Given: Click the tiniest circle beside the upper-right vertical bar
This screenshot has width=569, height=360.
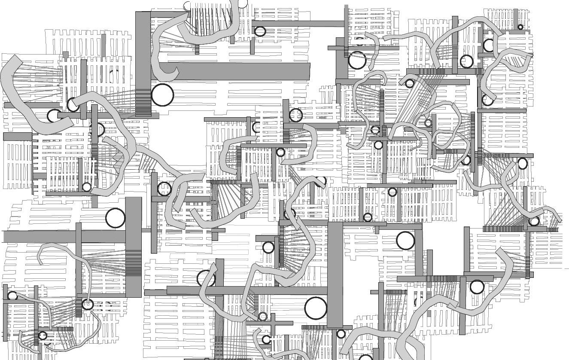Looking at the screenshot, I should (520, 27).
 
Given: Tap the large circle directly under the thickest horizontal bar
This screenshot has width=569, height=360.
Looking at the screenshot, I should (162, 95).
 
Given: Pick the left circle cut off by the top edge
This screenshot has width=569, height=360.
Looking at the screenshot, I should (187, 5).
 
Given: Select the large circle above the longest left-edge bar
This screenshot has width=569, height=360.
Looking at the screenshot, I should (115, 218).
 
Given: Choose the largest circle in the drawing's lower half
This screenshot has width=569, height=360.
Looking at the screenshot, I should (316, 308).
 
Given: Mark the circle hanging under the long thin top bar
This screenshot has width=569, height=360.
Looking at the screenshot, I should (260, 31).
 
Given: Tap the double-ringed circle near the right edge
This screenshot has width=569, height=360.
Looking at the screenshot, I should (534, 222).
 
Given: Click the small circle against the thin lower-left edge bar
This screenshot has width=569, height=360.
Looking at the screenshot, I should (12, 296).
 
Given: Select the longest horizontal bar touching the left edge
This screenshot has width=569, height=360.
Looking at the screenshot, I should (64, 236).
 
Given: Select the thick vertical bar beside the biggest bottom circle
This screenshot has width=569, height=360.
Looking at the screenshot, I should (335, 275).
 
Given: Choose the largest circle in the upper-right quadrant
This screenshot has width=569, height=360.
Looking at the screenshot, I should (357, 61).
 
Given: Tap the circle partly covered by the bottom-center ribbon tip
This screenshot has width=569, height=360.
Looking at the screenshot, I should (266, 340).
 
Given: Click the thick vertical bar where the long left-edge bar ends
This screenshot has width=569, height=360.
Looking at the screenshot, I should (134, 247).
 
